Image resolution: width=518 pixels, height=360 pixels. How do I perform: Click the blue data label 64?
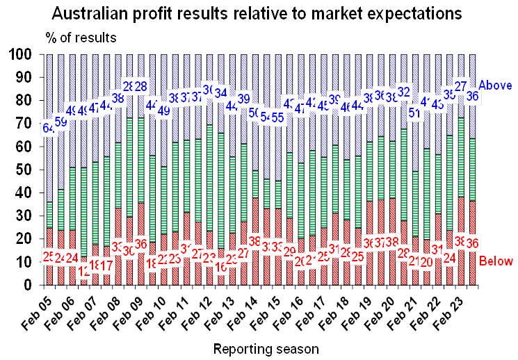click(49, 128)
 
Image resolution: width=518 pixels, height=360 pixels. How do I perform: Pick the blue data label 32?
click(404, 90)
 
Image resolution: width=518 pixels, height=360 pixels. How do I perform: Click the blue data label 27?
click(460, 86)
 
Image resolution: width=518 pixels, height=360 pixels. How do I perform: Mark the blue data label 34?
click(221, 92)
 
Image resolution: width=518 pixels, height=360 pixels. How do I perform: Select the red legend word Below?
click(496, 261)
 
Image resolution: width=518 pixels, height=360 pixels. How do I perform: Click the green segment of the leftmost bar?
click(49, 215)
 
